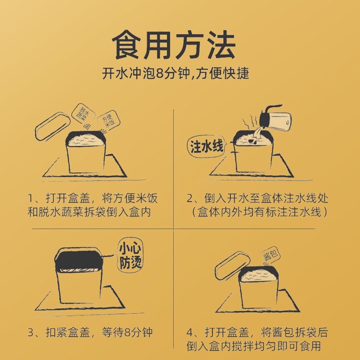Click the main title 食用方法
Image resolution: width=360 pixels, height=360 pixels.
tap(174, 45)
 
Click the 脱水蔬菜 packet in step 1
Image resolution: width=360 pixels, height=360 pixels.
tap(83, 114)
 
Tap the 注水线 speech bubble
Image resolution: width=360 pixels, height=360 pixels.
tap(207, 146)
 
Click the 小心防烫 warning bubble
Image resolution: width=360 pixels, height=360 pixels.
tap(130, 255)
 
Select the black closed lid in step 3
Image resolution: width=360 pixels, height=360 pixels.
tap(79, 260)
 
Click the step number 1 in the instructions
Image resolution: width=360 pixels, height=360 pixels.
tap(31, 198)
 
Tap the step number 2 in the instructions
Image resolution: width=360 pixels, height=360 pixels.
tap(190, 198)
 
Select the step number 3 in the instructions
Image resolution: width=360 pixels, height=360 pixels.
tap(31, 333)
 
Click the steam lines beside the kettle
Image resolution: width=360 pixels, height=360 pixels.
tap(250, 123)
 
